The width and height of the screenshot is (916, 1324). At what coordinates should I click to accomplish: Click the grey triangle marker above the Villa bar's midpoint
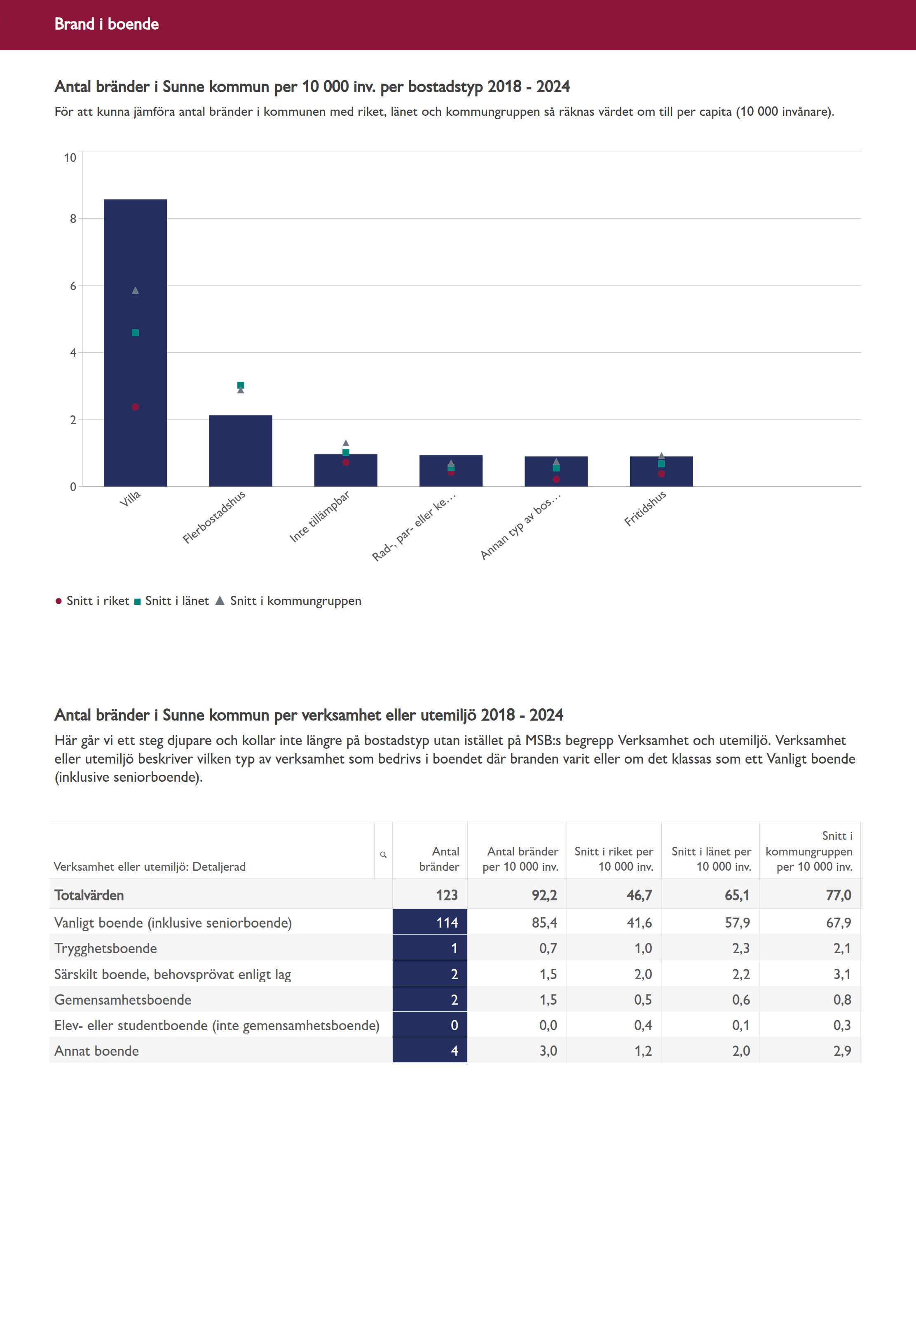[x=136, y=291]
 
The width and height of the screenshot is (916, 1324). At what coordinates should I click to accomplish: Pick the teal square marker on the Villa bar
[x=136, y=333]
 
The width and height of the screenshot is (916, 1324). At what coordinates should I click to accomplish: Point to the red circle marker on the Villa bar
[x=136, y=407]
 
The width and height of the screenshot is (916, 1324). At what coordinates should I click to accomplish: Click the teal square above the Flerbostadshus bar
[x=241, y=385]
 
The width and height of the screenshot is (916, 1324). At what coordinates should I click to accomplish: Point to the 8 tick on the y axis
[x=73, y=219]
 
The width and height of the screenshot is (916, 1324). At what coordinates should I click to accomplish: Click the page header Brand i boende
[x=107, y=24]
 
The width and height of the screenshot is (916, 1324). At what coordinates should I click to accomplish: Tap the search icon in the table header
[x=383, y=855]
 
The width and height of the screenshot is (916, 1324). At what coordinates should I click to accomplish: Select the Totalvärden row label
[x=89, y=895]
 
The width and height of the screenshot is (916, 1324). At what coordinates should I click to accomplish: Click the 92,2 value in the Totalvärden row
[x=544, y=895]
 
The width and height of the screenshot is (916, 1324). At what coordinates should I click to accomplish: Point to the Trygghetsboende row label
[x=105, y=948]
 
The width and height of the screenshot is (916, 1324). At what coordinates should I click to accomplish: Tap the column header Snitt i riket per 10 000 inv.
[x=614, y=859]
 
